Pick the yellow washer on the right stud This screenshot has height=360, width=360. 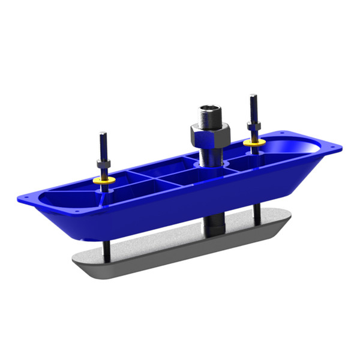[254, 143]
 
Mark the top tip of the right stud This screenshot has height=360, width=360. [253, 95]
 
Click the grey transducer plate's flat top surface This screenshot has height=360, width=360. [180, 237]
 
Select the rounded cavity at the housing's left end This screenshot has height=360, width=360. [63, 196]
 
